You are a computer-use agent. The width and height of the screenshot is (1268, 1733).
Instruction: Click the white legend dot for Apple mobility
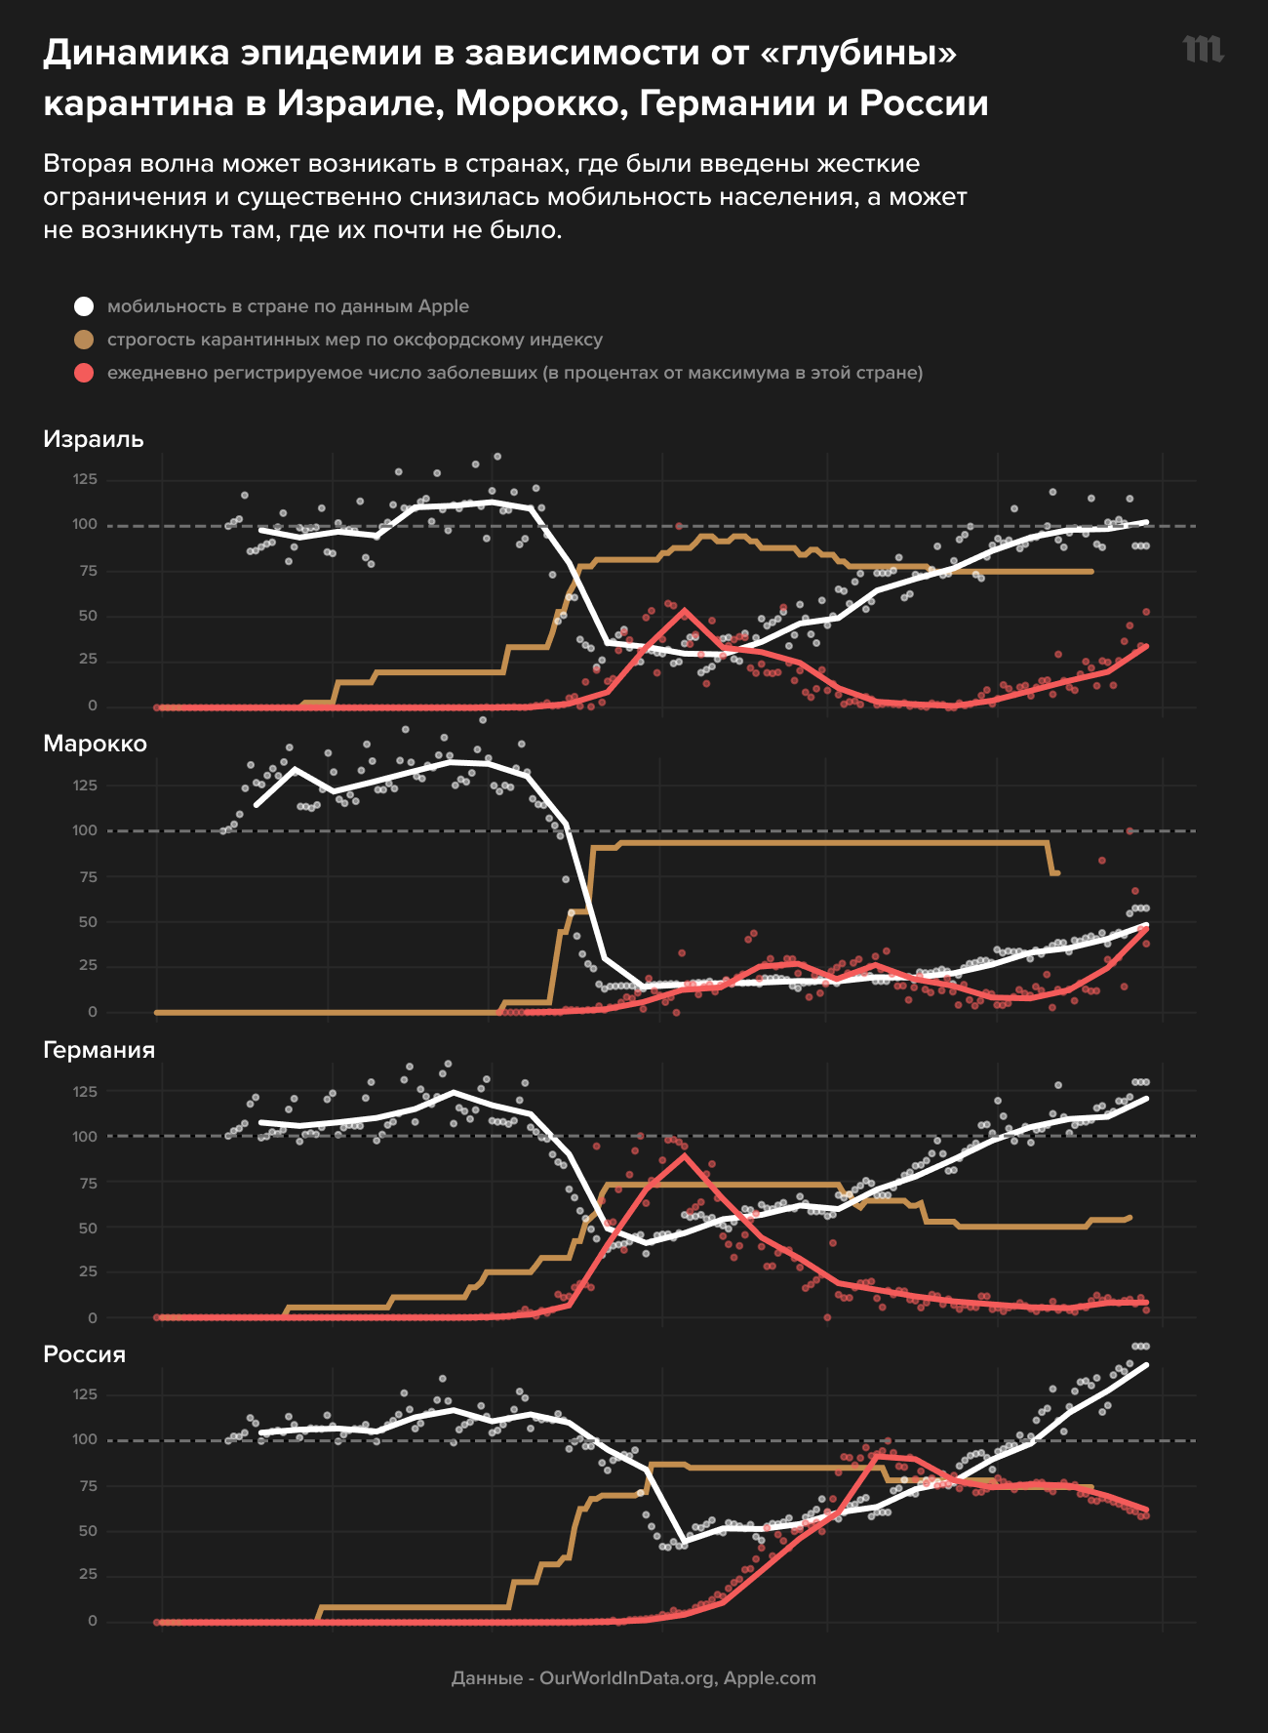point(84,306)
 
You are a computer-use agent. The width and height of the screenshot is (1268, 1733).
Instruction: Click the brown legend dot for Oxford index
point(84,340)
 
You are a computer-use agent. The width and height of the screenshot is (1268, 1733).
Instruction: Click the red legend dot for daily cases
point(84,373)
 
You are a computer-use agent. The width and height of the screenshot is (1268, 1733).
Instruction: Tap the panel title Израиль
point(94,439)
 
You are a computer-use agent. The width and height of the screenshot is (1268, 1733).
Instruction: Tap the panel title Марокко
point(95,744)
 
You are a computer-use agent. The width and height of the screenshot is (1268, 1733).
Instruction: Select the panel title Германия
point(99,1050)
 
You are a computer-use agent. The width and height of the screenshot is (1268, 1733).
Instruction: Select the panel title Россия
point(85,1354)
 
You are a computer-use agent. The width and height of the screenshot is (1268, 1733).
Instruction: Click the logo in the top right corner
point(1203,50)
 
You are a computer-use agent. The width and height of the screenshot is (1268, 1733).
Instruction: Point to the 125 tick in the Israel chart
point(85,479)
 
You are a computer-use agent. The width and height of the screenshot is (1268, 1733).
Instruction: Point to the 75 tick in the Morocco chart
point(88,876)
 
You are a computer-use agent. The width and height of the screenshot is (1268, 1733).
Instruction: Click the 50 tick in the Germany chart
point(88,1228)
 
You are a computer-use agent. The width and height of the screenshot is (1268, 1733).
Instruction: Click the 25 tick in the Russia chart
point(88,1573)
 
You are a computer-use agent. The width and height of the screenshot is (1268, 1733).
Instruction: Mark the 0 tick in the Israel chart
point(93,705)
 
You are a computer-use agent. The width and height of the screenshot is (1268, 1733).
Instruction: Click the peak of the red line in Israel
point(685,610)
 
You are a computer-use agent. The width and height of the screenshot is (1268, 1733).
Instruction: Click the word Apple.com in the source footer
point(770,1678)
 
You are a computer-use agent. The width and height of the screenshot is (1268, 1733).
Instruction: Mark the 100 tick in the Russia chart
point(85,1439)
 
